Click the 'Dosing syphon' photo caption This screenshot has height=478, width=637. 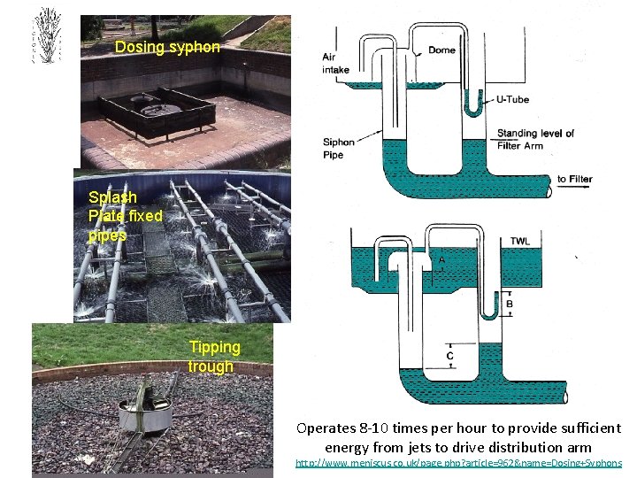pos(167,47)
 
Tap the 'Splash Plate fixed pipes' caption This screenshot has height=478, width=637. pos(125,216)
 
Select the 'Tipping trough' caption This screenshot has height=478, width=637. pos(212,357)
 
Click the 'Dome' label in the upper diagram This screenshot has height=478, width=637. pos(441,50)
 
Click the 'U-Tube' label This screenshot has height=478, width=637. pos(512,100)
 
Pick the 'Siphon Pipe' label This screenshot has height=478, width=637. pos(338,148)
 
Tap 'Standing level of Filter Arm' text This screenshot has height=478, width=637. pos(535,139)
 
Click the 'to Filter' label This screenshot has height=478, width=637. pos(575,180)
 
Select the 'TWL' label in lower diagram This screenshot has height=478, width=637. pos(520,241)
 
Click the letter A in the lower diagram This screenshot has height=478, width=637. pos(441,260)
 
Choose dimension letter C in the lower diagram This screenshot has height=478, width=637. pos(450,356)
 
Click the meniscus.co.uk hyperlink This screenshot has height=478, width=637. pos(458,463)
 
